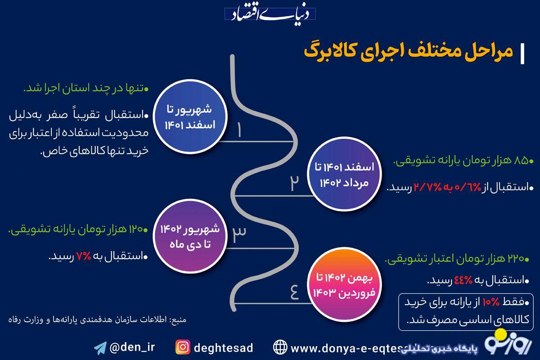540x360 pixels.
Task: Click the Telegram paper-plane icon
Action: point(100,347)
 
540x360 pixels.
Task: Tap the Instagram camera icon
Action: point(183,347)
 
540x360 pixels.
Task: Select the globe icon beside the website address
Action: point(280,347)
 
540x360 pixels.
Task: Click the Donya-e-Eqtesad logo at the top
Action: point(270,14)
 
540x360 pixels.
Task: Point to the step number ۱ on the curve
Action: point(239,130)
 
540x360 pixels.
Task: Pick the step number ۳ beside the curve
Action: point(239,232)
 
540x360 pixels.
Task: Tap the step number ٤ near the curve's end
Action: point(294,292)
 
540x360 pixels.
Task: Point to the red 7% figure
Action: point(85,256)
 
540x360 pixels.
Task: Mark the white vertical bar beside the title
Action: point(522,54)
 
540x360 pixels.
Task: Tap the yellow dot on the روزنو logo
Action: point(500,334)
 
